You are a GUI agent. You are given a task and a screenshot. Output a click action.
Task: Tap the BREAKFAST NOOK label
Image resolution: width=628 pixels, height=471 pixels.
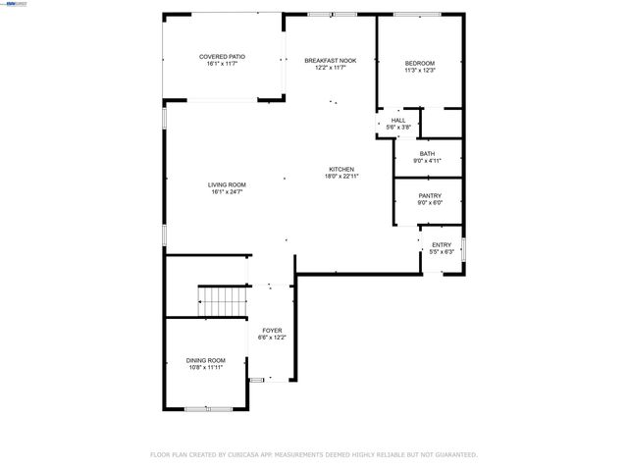pyautogui.click(x=330, y=60)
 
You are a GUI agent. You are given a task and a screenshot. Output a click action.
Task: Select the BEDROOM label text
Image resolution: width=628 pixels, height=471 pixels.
pyautogui.click(x=419, y=64)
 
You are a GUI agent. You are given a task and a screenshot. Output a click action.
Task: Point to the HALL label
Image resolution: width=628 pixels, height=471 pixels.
pyautogui.click(x=398, y=120)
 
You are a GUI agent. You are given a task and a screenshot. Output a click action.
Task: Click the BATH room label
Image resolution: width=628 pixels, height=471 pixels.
pyautogui.click(x=427, y=153)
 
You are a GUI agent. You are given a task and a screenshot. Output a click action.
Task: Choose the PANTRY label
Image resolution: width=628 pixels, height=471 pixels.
pyautogui.click(x=430, y=195)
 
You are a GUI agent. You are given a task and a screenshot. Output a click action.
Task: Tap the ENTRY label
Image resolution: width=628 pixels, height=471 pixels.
pyautogui.click(x=442, y=244)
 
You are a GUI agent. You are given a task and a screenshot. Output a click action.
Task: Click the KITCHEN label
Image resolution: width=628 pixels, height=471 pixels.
pyautogui.click(x=340, y=169)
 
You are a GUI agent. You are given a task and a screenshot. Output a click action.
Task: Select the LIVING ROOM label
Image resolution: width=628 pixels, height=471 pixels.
pyautogui.click(x=226, y=184)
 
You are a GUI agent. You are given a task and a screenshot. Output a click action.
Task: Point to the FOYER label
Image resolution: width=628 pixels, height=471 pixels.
pyautogui.click(x=272, y=330)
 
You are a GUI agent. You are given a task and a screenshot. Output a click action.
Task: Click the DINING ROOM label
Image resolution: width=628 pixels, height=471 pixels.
pyautogui.click(x=206, y=360)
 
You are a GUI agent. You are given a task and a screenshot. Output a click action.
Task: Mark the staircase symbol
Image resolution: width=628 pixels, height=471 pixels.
pyautogui.click(x=222, y=298)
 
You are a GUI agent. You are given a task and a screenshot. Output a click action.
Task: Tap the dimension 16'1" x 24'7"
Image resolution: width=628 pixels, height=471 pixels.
pyautogui.click(x=226, y=192)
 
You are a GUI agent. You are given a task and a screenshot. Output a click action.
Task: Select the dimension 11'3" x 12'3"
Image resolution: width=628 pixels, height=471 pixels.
pyautogui.click(x=419, y=71)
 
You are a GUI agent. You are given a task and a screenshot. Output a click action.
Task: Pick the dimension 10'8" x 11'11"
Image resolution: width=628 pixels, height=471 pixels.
pyautogui.click(x=206, y=367)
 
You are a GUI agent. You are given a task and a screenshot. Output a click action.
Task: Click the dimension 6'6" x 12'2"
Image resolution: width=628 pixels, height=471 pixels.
pyautogui.click(x=272, y=337)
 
